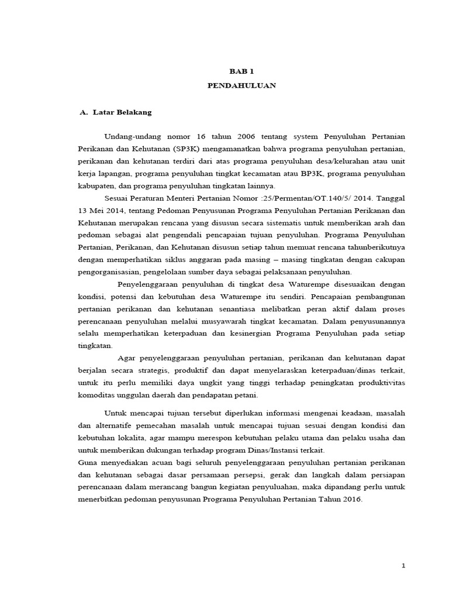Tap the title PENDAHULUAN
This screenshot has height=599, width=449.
click(241, 85)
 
